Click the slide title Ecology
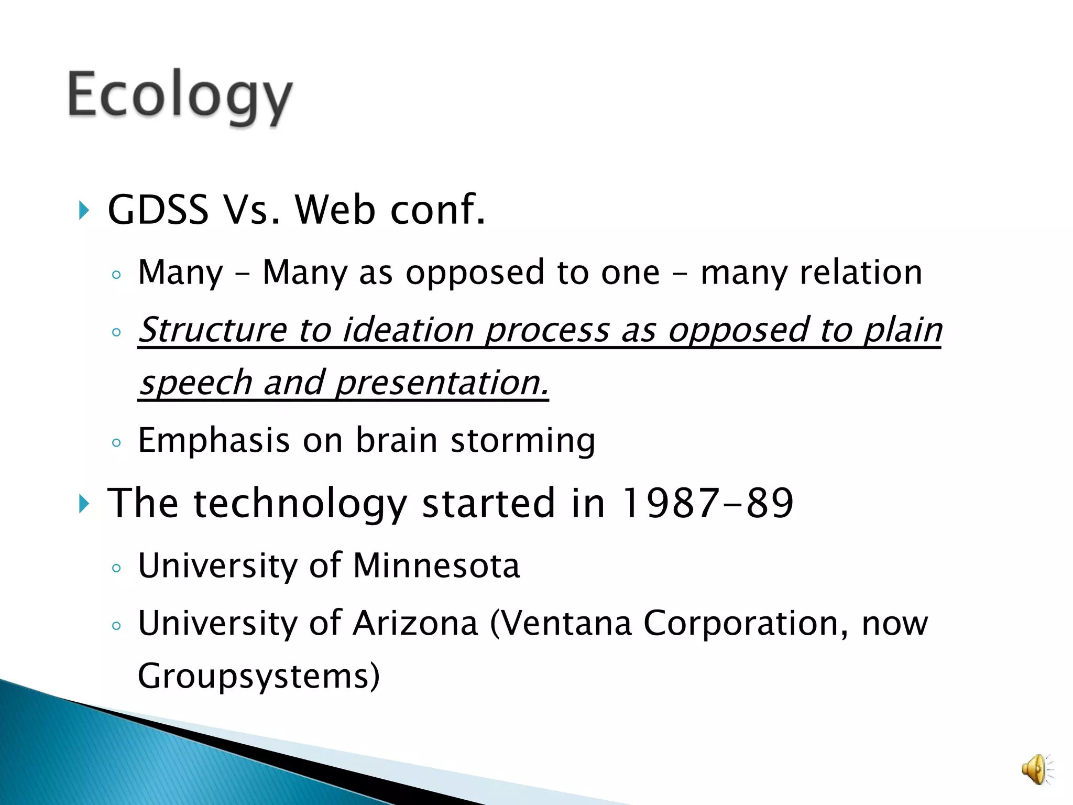pyautogui.click(x=179, y=97)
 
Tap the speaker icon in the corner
pyautogui.click(x=1036, y=769)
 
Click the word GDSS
pyautogui.click(x=158, y=210)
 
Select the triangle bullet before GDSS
pyautogui.click(x=84, y=210)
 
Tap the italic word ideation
pyautogui.click(x=408, y=330)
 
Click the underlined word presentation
pyautogui.click(x=442, y=383)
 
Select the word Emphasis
pyautogui.click(x=214, y=440)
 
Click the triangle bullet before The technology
pyautogui.click(x=84, y=504)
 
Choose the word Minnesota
pyautogui.click(x=436, y=566)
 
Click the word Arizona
pyautogui.click(x=415, y=624)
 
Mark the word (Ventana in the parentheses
pyautogui.click(x=561, y=624)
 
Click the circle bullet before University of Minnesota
pyautogui.click(x=116, y=568)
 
